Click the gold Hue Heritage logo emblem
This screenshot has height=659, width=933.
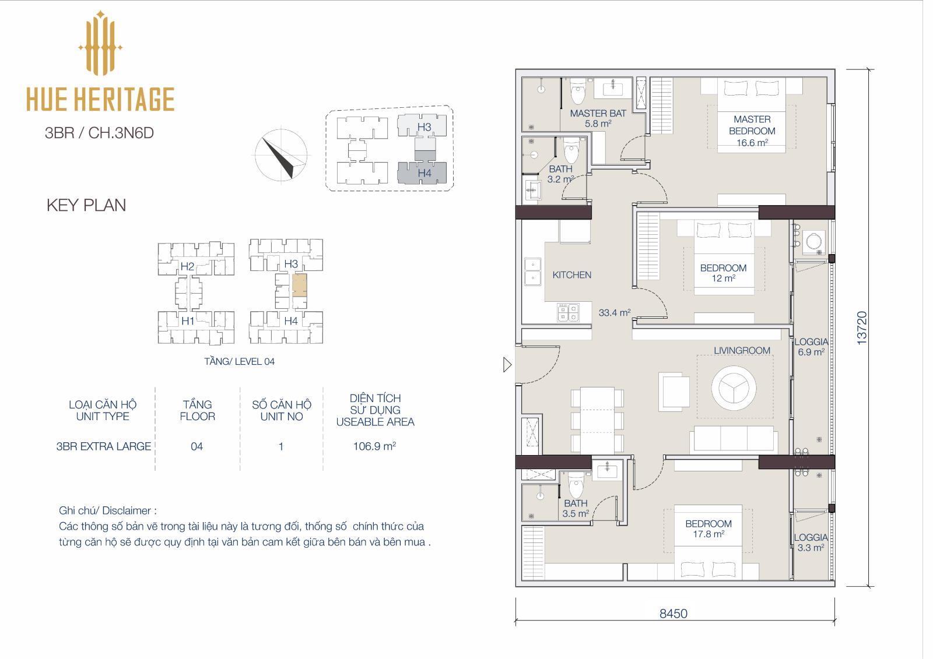[x=100, y=43]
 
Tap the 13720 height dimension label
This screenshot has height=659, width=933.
[x=862, y=328]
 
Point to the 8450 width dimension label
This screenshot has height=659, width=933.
[x=674, y=614]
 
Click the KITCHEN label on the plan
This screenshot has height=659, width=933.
[x=572, y=275]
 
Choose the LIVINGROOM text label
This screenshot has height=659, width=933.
[x=742, y=351]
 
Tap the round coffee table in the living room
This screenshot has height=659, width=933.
[x=734, y=387]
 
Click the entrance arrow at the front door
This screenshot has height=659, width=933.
[x=507, y=365]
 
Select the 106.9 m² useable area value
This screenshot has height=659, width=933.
[x=374, y=446]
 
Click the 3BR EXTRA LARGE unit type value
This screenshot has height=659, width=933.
[x=104, y=446]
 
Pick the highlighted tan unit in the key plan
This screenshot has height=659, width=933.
[x=300, y=285]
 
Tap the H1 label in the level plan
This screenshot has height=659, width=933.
[x=188, y=320]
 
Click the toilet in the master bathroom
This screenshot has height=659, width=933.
[x=578, y=91]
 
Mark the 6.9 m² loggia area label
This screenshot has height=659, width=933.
[x=811, y=352]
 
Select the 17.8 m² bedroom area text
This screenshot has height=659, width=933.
[x=708, y=534]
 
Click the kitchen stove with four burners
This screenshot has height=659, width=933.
[x=568, y=313]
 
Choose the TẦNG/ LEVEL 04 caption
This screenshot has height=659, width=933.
[x=239, y=361]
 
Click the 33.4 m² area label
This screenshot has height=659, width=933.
[x=615, y=313]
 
